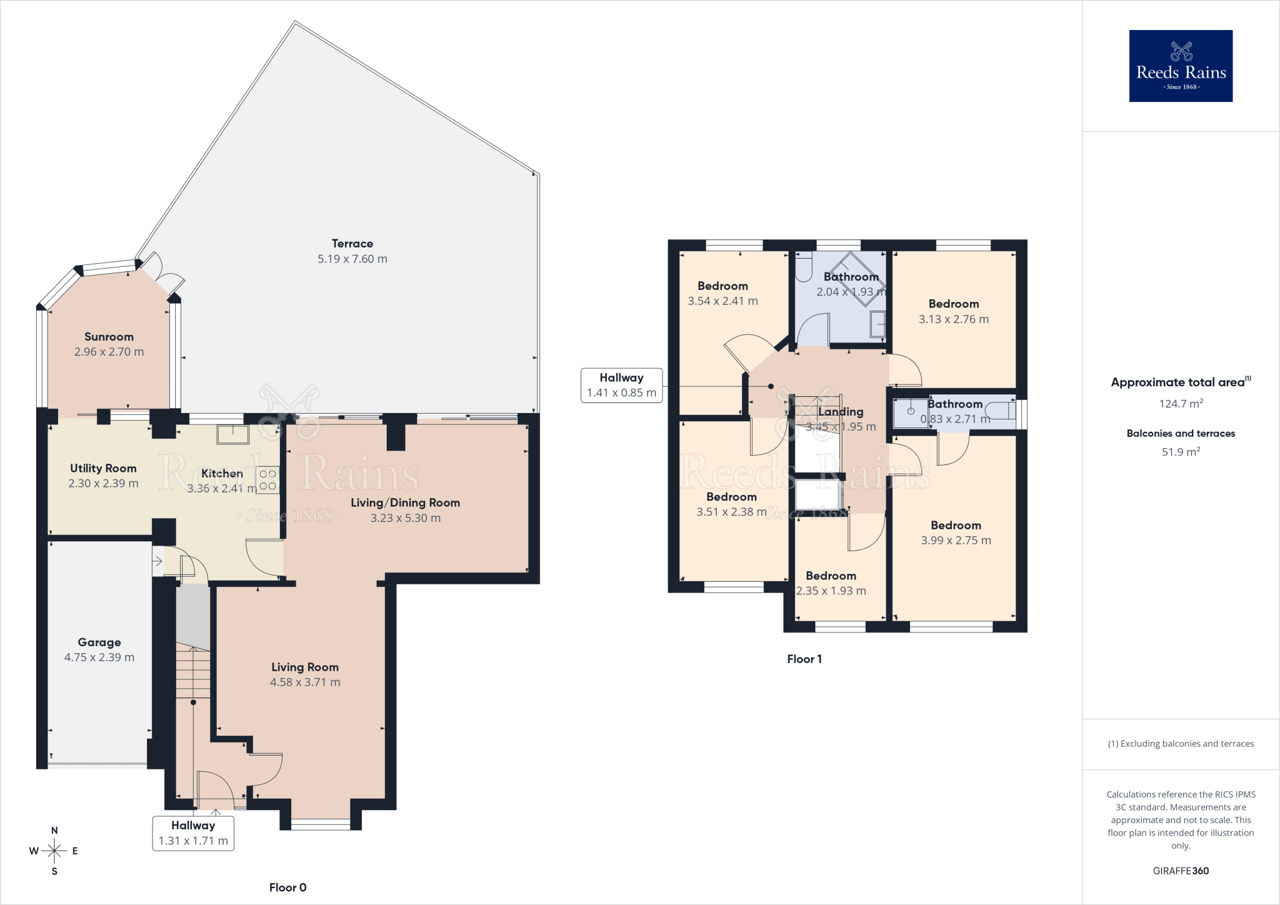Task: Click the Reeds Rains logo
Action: pos(1181,66)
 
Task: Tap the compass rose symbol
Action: pos(54,851)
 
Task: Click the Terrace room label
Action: pos(352,244)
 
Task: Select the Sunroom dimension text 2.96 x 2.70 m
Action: pos(109,352)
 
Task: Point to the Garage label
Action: pos(99,642)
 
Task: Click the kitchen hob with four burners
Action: pos(267,480)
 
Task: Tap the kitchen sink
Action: pos(232,434)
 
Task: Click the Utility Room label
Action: pos(103,468)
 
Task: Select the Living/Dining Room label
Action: pos(406,503)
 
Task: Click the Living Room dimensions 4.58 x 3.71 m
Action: pos(305,682)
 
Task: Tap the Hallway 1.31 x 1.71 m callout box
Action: pos(193,833)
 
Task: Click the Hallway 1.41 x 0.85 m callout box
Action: pos(622,386)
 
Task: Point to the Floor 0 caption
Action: pos(288,887)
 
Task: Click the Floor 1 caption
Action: pos(804,659)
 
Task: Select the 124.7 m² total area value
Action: pos(1181,404)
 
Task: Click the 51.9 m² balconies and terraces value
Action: pos(1181,452)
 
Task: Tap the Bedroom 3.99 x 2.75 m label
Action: pos(956,533)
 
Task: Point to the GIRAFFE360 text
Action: pos(1181,871)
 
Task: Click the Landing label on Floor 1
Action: pos(841,412)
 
